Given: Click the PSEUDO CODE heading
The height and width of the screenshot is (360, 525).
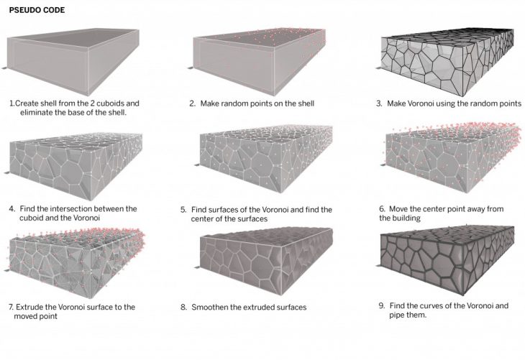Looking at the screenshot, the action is (37, 10).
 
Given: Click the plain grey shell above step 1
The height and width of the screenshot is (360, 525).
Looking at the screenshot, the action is (73, 62).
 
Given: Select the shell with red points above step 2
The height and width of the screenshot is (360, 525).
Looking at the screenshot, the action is (259, 62).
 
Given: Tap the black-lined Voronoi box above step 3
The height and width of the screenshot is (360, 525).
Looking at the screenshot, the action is (447, 63).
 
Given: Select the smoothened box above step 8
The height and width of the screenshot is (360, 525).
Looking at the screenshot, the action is (267, 262).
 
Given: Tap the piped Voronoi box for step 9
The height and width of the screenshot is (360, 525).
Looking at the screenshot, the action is (447, 261).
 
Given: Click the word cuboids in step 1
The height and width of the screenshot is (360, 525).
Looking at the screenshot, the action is (109, 103).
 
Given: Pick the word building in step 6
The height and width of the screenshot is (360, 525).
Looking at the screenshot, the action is (406, 218).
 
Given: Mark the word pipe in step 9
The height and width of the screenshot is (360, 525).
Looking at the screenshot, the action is (396, 315).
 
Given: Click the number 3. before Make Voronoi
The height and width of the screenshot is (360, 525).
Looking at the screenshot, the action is (379, 103).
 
